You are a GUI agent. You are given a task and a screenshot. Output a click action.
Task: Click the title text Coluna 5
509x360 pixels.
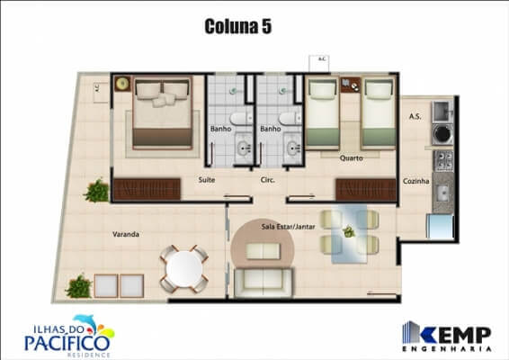tap(238, 27)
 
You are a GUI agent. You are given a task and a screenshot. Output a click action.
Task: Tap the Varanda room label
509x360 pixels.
tap(125, 234)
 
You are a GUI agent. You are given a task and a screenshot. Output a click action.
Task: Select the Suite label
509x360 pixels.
tap(206, 180)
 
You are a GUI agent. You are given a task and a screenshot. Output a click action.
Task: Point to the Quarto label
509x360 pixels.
tap(351, 158)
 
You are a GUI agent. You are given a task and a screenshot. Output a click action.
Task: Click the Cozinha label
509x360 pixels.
tap(415, 181)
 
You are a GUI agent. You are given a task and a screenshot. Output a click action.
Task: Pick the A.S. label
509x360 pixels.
tap(415, 117)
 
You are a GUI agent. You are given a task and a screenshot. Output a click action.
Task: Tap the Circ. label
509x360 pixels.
tap(267, 180)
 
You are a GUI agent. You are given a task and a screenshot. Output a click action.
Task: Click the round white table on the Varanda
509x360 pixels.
tap(184, 267)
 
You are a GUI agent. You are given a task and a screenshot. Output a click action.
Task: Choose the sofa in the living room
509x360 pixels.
tap(263, 281)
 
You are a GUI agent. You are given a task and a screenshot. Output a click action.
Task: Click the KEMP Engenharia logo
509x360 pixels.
tap(447, 334)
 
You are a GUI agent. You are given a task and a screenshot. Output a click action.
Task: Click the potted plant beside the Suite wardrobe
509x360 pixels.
tap(96, 190)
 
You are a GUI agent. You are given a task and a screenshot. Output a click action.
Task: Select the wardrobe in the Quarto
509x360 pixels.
tap(365, 190)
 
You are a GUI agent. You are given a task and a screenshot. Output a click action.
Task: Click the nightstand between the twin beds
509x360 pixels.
tap(350, 87)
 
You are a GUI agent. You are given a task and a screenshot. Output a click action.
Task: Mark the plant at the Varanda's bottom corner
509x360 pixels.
tap(79, 286)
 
